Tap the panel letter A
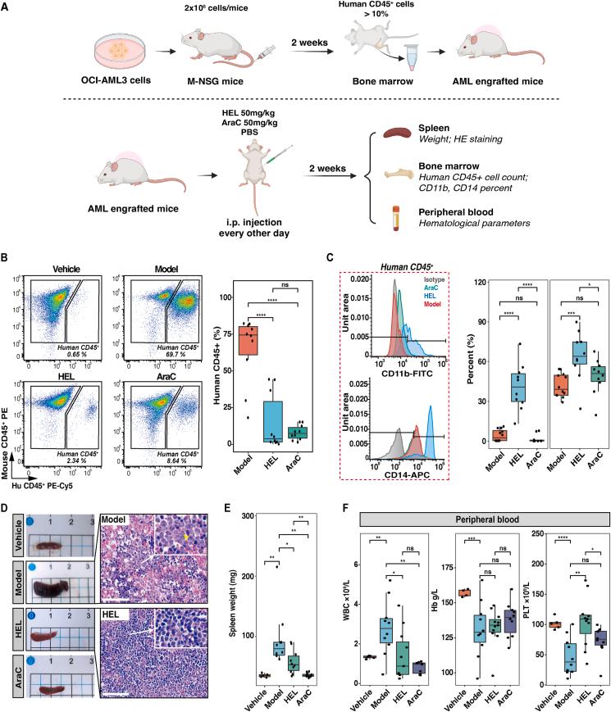point(7,7)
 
